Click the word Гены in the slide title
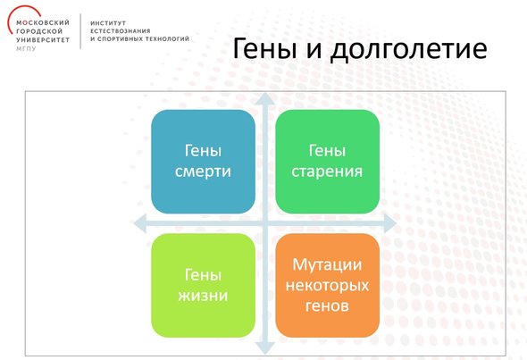point(264,48)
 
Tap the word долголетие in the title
point(408,50)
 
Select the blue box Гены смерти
point(203,162)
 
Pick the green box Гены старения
point(327,162)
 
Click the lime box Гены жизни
point(203,285)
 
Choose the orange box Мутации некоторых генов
point(327,285)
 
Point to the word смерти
point(203,172)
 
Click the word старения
point(327,172)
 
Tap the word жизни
point(203,296)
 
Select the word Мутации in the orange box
point(327,264)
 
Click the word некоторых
point(327,286)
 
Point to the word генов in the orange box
point(327,306)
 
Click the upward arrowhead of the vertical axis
point(265,97)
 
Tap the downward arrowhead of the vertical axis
point(265,348)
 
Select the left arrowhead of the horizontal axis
point(140,223)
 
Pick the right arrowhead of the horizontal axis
point(390,223)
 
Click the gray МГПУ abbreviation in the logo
point(26,49)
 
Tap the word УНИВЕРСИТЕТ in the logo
point(43,40)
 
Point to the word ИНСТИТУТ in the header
point(108,23)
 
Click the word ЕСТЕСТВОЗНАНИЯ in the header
point(121,31)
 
